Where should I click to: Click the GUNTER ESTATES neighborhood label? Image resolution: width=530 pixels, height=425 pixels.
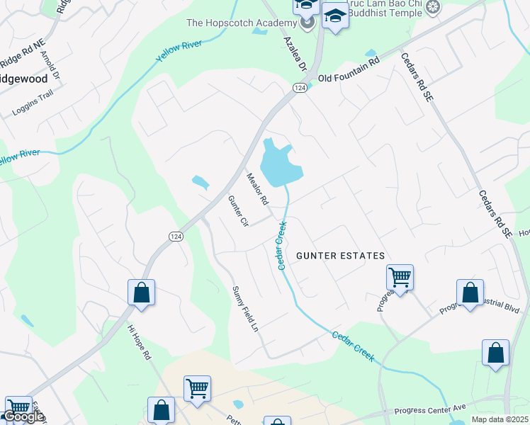tap(340, 256)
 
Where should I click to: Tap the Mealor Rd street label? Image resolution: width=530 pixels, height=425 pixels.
tap(258, 189)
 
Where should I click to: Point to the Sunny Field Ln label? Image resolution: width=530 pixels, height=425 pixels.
tap(244, 309)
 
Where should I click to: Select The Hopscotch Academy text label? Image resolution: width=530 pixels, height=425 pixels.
tap(241, 23)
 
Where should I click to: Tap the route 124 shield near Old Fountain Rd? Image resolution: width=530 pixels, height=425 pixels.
tap(300, 87)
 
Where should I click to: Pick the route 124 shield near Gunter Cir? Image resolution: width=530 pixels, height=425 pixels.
tap(176, 237)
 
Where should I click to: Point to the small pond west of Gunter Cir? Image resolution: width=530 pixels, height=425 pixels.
tap(201, 183)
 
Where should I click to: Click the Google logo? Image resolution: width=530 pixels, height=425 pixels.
tap(23, 416)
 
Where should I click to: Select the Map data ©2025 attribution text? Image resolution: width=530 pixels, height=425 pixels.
tap(500, 419)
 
